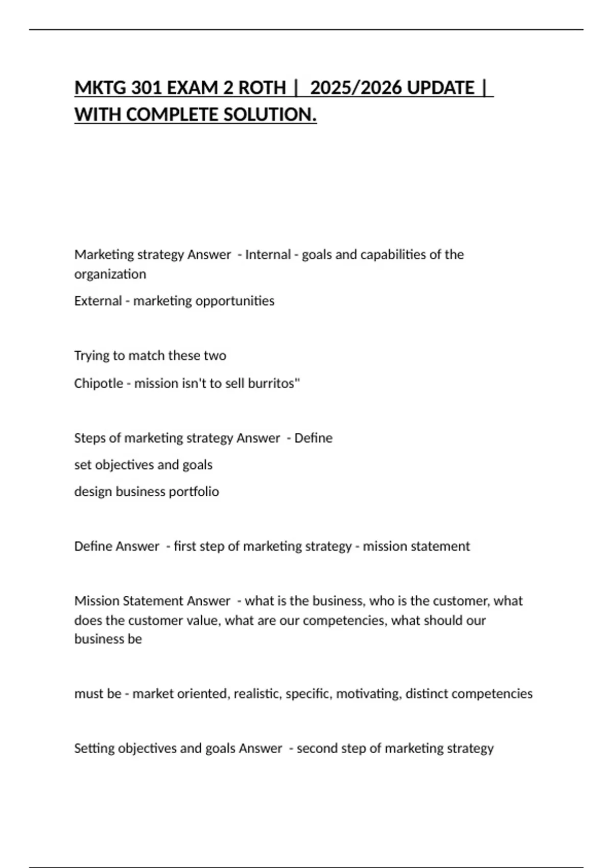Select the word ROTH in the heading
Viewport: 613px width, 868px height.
tap(262, 88)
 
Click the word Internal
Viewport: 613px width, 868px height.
tap(268, 254)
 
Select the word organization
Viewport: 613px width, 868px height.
tap(110, 274)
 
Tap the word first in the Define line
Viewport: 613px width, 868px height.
tap(184, 546)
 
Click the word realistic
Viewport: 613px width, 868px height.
tap(257, 694)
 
